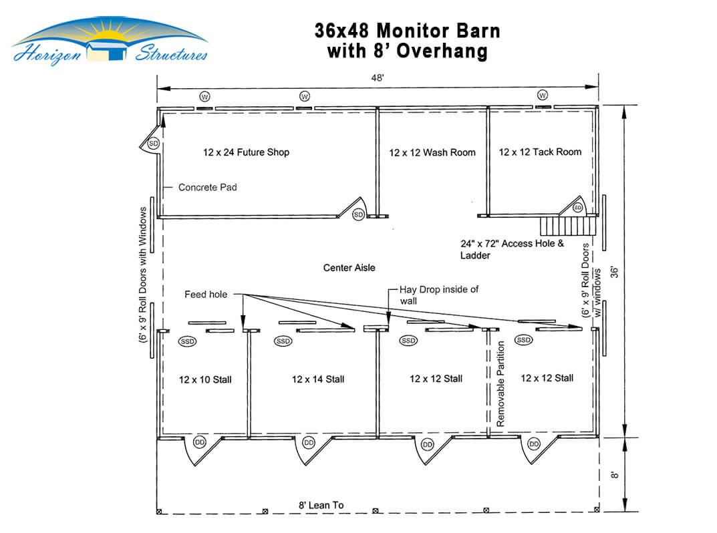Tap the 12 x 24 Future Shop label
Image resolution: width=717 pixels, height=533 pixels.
tap(246, 152)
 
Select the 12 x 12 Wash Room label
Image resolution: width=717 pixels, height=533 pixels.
tap(432, 153)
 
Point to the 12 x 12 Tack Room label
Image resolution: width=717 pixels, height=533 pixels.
tap(540, 152)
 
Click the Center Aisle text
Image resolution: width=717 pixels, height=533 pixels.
tap(349, 268)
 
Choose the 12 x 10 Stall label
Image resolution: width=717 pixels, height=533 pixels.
tap(205, 379)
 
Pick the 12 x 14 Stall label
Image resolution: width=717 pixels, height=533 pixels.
tap(318, 379)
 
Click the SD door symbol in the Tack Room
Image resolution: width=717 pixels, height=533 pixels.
tap(578, 208)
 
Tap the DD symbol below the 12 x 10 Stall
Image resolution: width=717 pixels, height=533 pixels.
tap(200, 442)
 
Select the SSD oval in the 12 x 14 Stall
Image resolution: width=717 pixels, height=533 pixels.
tap(283, 341)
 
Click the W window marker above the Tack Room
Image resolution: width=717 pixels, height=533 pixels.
tap(543, 95)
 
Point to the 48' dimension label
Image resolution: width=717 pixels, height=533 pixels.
tap(378, 77)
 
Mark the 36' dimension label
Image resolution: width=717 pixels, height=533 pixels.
tap(615, 272)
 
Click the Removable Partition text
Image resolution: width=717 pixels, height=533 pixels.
tap(500, 384)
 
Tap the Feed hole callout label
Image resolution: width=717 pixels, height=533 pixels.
tap(206, 295)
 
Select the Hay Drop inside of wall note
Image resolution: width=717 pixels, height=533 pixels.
tap(438, 295)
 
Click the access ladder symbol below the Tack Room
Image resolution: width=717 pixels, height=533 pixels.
tap(569, 226)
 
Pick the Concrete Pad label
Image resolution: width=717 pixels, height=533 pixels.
tap(208, 188)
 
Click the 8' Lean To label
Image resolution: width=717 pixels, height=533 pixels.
tap(321, 505)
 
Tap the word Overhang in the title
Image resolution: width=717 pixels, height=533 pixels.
tap(442, 51)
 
